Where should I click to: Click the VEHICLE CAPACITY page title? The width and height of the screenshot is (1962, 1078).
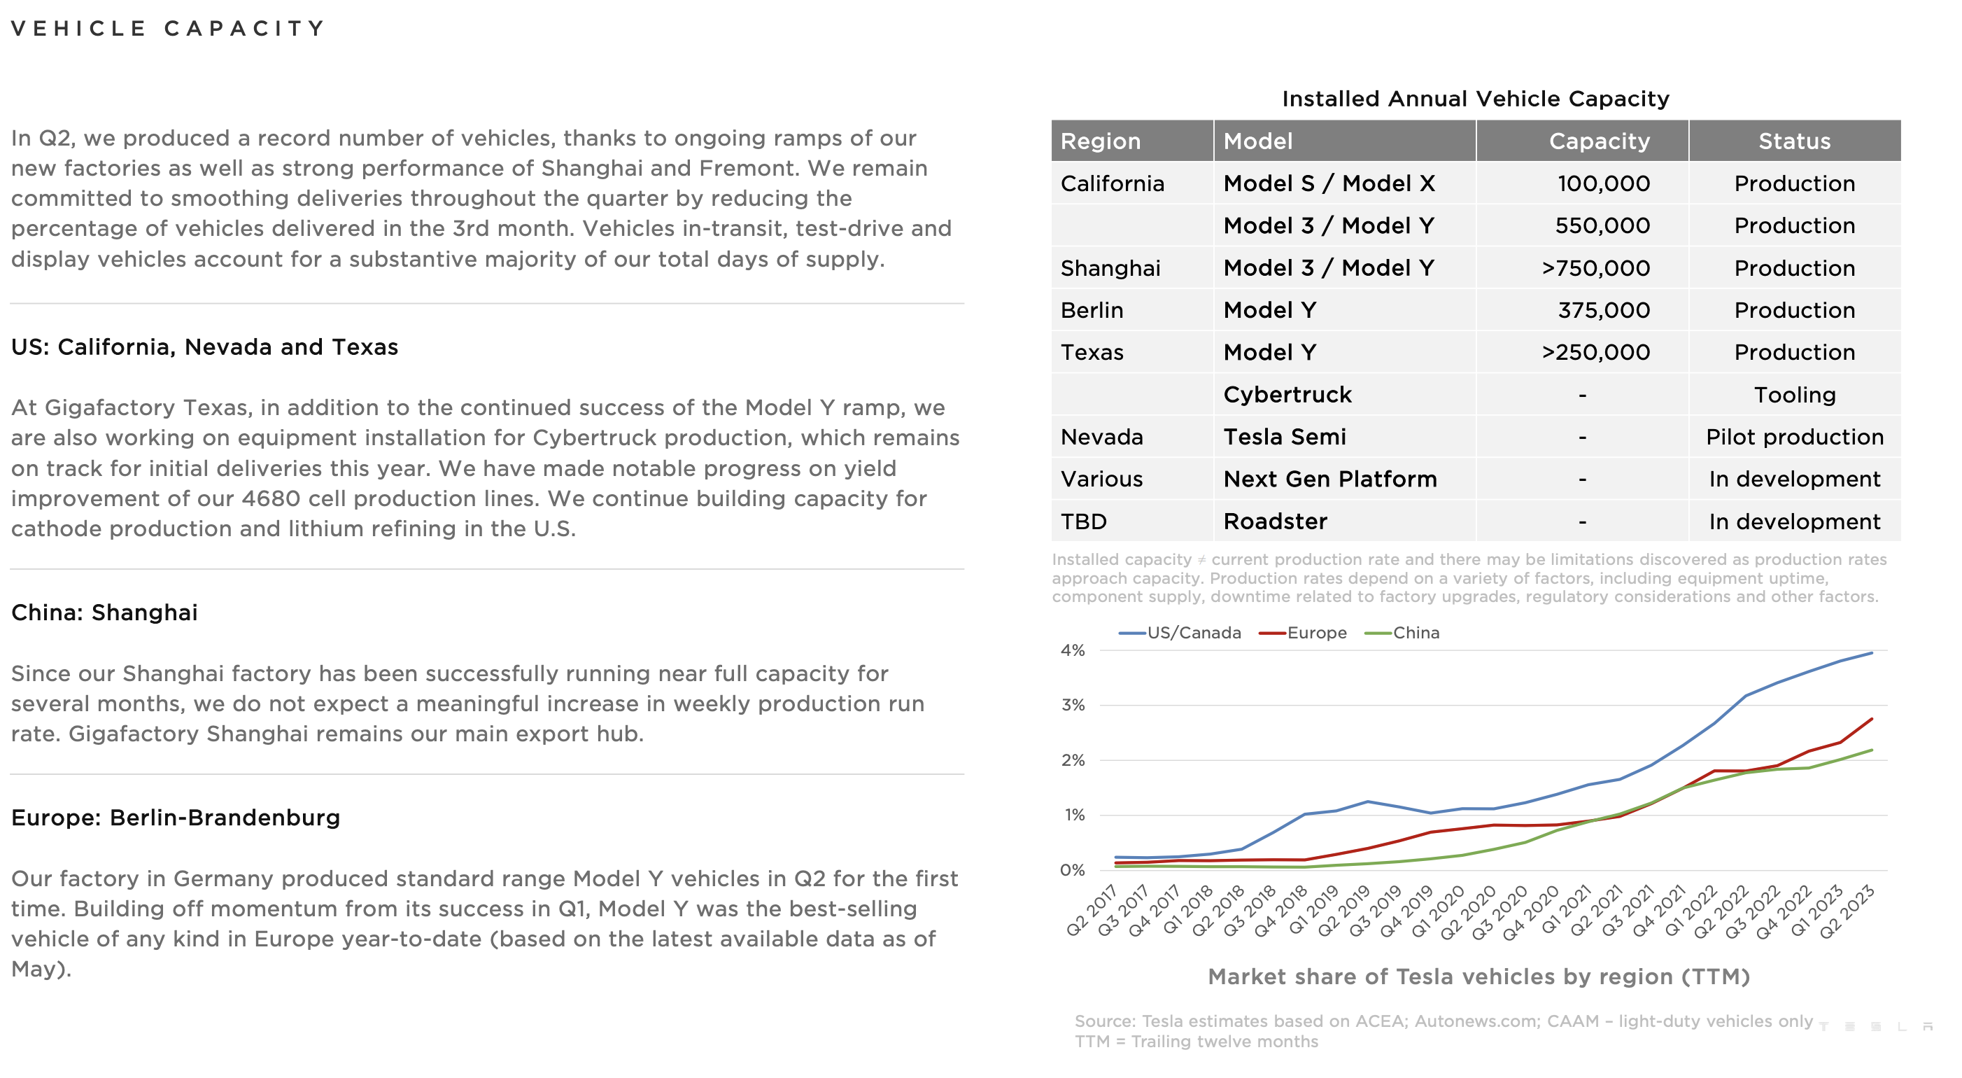pos(169,29)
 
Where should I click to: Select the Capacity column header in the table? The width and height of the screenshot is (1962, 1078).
pos(1599,141)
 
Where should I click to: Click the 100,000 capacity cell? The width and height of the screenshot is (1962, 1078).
pos(1602,183)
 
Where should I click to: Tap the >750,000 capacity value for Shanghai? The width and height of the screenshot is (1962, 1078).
pos(1595,268)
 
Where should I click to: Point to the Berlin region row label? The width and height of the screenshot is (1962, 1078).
pos(1092,310)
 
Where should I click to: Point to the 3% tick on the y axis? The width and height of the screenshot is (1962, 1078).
pos(1073,706)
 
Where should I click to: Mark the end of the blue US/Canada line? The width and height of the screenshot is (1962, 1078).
pos(1871,653)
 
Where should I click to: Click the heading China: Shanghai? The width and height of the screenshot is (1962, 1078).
pos(104,612)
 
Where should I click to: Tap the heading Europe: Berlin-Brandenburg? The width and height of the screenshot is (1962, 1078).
pos(175,818)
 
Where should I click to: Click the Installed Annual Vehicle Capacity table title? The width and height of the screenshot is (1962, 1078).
pos(1474,99)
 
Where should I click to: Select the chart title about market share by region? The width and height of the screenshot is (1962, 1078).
pos(1478,976)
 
